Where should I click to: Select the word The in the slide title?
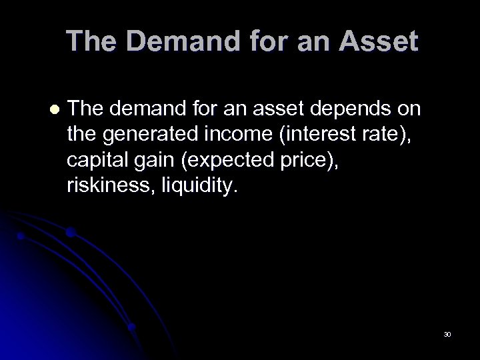point(91,42)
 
